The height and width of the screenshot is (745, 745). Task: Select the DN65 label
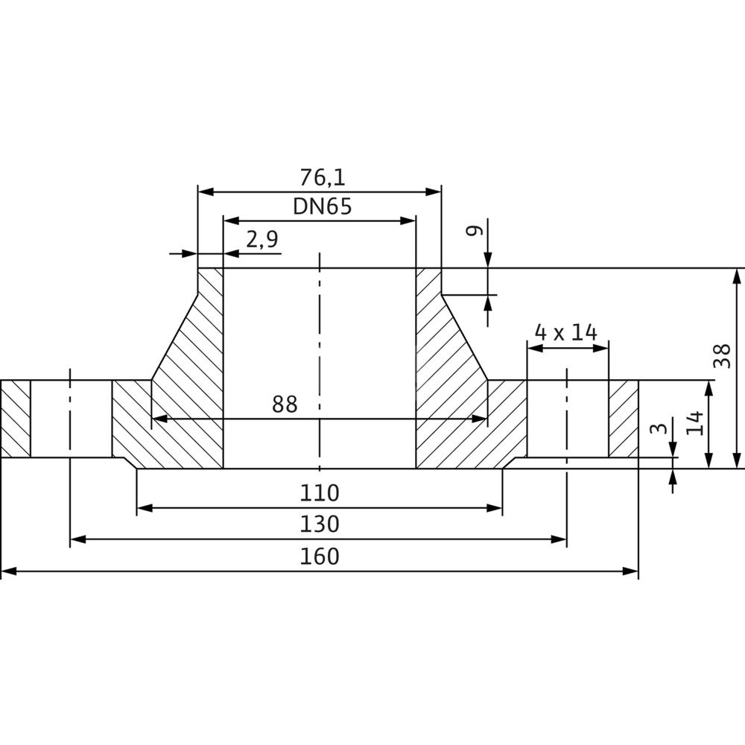coord(322,206)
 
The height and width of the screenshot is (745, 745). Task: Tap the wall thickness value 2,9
coord(261,239)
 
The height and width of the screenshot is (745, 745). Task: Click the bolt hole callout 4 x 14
coord(567,332)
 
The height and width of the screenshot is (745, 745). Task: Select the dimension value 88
coord(285,405)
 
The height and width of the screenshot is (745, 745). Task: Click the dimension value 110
coord(320,493)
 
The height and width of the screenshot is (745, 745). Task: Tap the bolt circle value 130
coord(320,524)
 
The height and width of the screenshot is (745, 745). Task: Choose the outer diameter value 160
coord(320,557)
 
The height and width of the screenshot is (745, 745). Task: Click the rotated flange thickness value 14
coord(695,422)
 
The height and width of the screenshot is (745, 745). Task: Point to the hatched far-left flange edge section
coord(16,419)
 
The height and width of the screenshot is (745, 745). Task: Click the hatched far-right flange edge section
coord(624,419)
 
